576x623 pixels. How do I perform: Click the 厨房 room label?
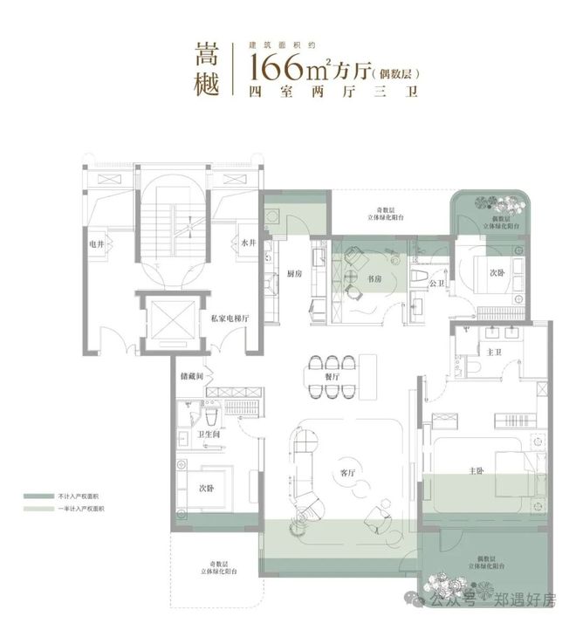pos(294,273)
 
